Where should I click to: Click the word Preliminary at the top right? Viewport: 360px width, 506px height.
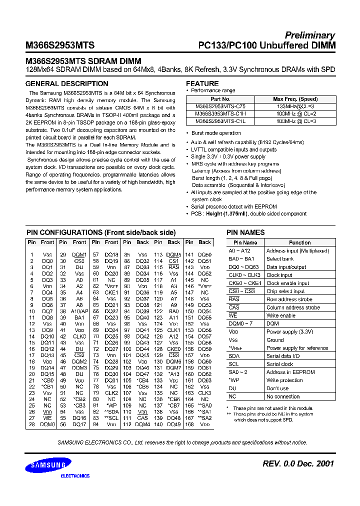click(x=309, y=35)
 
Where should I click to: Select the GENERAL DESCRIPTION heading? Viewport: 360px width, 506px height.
click(x=66, y=83)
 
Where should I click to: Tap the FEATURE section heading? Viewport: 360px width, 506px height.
click(x=202, y=83)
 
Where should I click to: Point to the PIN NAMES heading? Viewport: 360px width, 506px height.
click(x=245, y=232)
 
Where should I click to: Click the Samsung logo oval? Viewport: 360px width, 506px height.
click(x=49, y=465)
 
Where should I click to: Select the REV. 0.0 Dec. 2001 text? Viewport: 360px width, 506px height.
click(x=298, y=464)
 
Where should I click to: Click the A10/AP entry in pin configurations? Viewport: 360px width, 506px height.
click(x=79, y=310)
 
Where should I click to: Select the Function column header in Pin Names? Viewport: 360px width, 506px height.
click(x=299, y=242)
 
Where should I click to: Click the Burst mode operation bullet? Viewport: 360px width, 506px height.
click(x=216, y=133)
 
